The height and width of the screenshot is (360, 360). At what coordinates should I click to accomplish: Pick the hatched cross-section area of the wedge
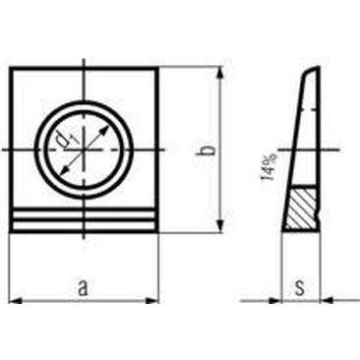[302, 208]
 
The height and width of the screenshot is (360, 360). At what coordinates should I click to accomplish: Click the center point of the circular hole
[85, 149]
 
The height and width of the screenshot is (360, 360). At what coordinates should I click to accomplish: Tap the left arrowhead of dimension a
[15, 299]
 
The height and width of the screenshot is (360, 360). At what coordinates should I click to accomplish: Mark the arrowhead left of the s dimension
[277, 300]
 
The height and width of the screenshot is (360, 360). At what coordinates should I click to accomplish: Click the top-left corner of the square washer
[11, 68]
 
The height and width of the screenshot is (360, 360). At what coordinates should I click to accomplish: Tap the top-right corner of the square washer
[157, 68]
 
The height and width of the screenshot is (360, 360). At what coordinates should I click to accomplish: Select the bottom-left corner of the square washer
[11, 231]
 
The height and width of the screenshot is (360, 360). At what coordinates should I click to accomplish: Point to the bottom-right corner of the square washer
[157, 231]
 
